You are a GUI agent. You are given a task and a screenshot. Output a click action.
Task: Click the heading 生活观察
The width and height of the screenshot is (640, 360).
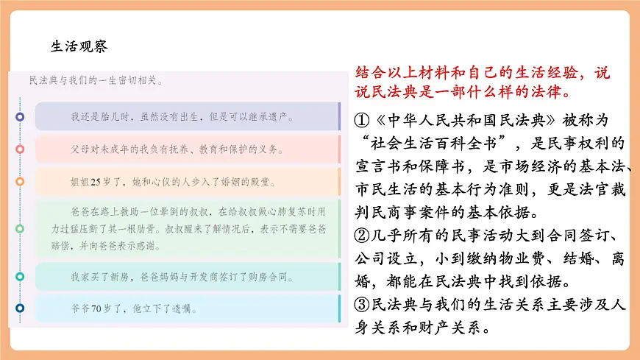[x=79, y=46]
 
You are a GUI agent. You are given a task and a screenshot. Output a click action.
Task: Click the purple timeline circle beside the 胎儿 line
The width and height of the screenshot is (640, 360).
[x=20, y=116]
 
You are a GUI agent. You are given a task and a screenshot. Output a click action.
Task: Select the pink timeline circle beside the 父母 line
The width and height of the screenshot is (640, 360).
[x=20, y=149]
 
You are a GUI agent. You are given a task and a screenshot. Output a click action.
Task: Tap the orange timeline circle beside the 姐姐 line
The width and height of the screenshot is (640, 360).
[x=20, y=180]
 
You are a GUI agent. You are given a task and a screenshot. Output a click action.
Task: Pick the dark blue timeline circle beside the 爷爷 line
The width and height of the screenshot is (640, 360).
[x=20, y=307]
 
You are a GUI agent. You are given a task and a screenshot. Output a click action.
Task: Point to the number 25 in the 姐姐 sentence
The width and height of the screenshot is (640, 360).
[x=95, y=180]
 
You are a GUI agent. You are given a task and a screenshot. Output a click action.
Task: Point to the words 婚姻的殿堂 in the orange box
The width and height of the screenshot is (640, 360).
[x=259, y=180]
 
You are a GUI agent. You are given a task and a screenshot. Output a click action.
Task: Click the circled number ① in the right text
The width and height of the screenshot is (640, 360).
[x=360, y=119]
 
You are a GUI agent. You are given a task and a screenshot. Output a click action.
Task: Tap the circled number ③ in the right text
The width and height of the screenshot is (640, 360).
[x=360, y=305]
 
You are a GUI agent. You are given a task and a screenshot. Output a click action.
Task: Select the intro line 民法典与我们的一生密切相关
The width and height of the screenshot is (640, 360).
[x=96, y=80]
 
